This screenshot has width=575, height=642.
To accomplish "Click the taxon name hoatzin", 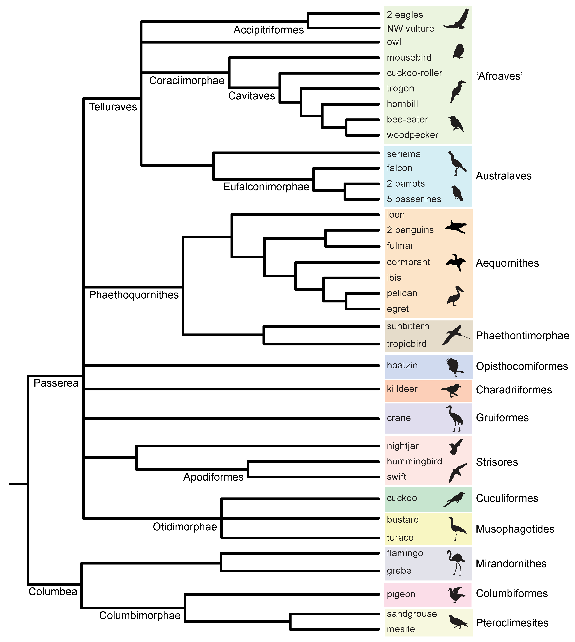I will coord(402,365).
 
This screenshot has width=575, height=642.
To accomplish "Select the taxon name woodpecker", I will coord(412,135).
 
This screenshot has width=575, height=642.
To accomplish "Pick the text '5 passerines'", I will coord(414,199).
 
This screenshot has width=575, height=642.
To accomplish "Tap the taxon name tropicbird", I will coord(407,344).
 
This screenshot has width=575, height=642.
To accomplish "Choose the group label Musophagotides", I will coord(515,529).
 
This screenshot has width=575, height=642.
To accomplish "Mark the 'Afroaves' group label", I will coord(499,76).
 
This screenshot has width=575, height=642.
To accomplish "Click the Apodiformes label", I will coord(213,477).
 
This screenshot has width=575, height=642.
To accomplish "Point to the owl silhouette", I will coord(458,51).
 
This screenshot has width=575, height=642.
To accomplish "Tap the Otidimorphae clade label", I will coord(185,527).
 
